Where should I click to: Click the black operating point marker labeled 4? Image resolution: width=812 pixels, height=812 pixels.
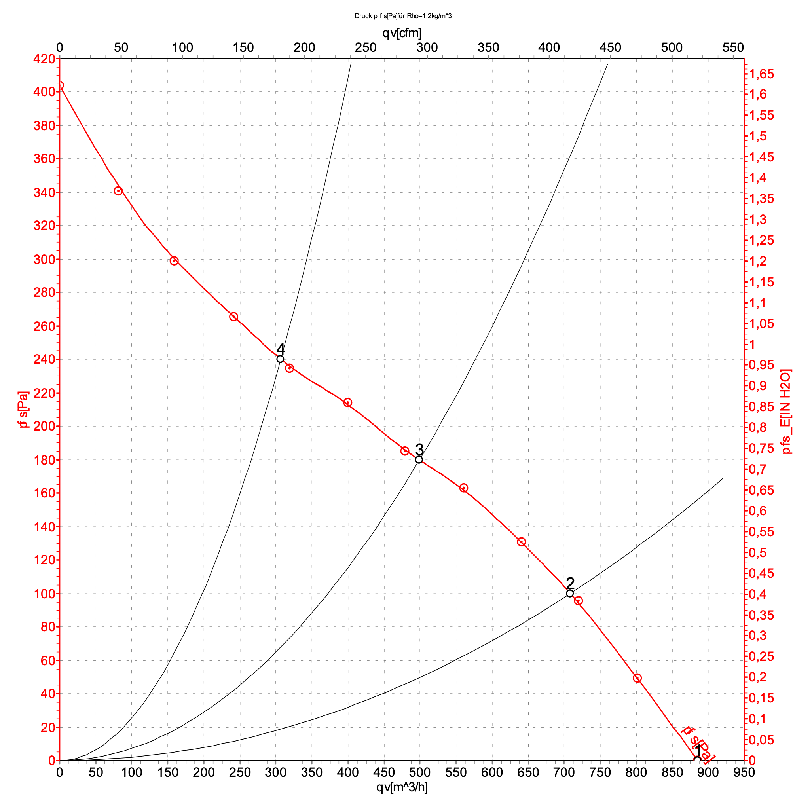click(280, 359)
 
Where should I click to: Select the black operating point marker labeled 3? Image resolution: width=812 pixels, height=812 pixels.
click(419, 459)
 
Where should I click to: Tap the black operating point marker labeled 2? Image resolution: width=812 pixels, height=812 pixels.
click(569, 594)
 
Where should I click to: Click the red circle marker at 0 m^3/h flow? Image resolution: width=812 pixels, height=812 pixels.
click(60, 85)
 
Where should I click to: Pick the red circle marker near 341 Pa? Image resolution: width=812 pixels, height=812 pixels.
click(118, 191)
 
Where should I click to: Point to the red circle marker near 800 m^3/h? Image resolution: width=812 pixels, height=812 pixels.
click(637, 678)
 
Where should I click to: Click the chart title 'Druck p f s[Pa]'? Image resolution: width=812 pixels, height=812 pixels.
click(403, 16)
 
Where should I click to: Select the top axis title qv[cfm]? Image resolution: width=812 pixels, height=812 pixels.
click(402, 33)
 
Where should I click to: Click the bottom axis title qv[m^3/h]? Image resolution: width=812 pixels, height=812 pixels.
click(402, 787)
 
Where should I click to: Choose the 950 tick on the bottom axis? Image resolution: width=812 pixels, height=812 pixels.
click(744, 772)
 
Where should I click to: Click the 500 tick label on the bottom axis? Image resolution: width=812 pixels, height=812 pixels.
click(420, 772)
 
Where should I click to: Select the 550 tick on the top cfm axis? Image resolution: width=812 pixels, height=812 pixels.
click(733, 47)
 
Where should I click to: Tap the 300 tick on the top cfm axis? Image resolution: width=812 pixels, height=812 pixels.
click(427, 47)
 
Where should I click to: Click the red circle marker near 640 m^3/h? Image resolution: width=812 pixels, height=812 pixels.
click(521, 542)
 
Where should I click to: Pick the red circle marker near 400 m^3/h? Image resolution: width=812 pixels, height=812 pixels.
click(347, 403)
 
